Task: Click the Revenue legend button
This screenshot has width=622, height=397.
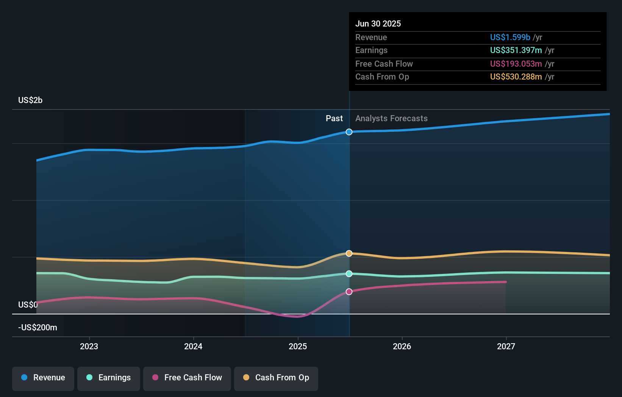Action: [43, 378]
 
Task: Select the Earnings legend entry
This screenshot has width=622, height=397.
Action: [109, 378]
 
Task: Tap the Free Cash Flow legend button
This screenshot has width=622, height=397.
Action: [187, 378]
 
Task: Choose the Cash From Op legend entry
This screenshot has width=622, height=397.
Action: [276, 378]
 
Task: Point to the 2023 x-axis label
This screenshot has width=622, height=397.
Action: [89, 346]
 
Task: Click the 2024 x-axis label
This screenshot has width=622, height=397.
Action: [193, 346]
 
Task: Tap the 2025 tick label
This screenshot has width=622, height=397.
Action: [298, 346]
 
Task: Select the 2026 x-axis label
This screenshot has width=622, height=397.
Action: [402, 346]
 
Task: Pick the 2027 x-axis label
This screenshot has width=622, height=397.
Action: [506, 346]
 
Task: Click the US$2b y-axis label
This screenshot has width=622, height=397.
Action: [30, 100]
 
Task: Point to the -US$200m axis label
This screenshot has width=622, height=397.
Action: [38, 327]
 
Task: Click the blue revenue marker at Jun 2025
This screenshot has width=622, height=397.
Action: [349, 132]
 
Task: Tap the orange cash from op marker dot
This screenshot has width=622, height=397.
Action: [349, 253]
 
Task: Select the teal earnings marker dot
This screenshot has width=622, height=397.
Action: [349, 274]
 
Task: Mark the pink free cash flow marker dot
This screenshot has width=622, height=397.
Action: [349, 292]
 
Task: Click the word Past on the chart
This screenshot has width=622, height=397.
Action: [334, 118]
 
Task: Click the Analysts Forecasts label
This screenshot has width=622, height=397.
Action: [391, 118]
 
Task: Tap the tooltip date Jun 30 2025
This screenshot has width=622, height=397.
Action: [378, 23]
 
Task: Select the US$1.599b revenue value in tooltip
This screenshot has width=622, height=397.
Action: [510, 37]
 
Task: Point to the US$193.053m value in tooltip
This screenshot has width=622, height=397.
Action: [516, 64]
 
